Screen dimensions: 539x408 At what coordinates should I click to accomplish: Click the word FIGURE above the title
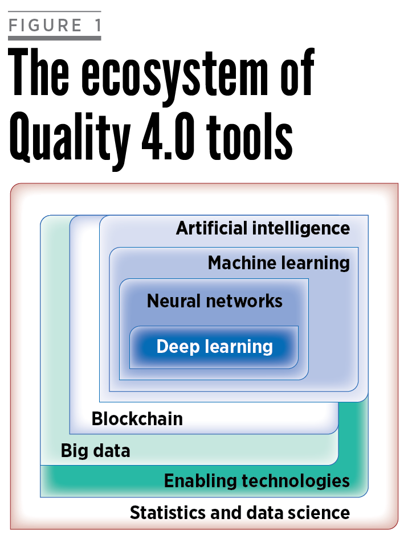(46, 26)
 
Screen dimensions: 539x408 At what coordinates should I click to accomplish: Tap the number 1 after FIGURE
(95, 26)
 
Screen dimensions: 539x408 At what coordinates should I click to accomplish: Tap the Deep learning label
(214, 346)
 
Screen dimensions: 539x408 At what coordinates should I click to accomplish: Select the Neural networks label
(214, 301)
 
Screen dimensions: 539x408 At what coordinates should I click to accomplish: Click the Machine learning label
(278, 263)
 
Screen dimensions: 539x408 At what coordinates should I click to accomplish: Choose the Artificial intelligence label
(263, 228)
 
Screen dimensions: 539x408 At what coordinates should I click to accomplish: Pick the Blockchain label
(137, 419)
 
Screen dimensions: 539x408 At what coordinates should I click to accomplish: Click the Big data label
(95, 451)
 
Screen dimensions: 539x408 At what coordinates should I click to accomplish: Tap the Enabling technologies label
(256, 481)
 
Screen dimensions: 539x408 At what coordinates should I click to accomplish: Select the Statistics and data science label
(239, 512)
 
